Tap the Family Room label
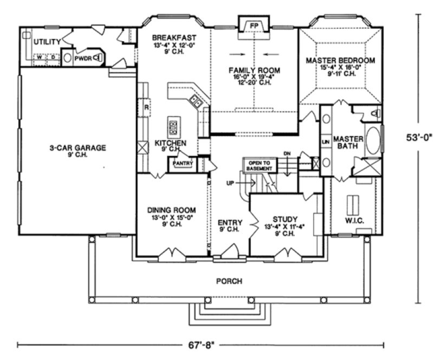pos(254,70)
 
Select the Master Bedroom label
pos(340,60)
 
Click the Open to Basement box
pos(259,165)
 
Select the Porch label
pos(229,281)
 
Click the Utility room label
pos(47,42)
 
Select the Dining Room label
pos(171,210)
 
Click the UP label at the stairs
pos(230,184)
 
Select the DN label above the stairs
pos(287,153)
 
